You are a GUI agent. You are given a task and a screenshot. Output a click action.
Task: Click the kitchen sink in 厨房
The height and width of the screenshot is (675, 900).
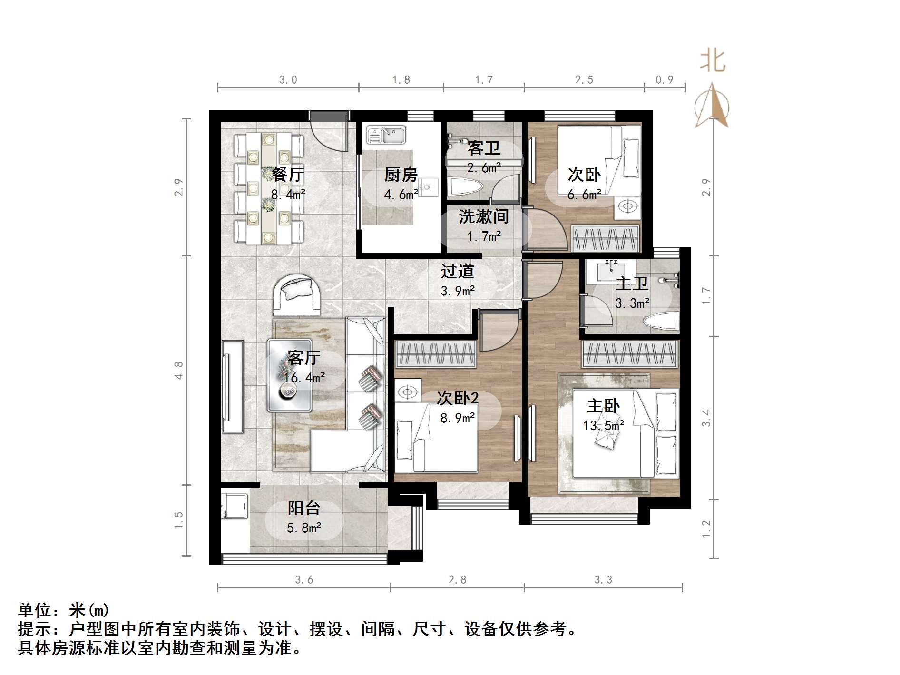point(386,135)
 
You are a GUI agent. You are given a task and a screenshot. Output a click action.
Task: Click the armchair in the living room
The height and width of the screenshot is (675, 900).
point(296,296)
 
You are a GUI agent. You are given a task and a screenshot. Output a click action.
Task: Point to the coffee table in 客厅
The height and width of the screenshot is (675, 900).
point(289,375)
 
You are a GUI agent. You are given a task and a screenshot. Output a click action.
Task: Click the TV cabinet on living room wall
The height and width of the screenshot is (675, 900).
point(233,386)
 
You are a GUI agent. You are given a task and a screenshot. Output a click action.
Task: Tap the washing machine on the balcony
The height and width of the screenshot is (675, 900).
point(235,507)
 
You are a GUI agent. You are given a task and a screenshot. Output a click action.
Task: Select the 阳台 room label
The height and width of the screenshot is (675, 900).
point(303,508)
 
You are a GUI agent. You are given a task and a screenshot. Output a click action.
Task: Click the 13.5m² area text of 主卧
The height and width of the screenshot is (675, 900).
point(603,425)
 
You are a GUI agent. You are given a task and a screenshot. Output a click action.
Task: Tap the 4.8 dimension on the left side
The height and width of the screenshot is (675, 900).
point(179,370)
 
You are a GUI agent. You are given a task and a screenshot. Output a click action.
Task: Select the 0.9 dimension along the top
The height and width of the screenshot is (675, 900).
point(664,80)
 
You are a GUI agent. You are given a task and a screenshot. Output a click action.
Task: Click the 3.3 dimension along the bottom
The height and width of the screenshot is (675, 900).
point(603,579)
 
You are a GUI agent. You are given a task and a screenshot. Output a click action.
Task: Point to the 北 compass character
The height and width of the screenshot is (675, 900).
point(712,62)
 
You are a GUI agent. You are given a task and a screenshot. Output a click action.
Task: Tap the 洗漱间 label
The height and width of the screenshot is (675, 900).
point(483,216)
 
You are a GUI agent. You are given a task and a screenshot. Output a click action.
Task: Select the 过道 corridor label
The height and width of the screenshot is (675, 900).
point(457,271)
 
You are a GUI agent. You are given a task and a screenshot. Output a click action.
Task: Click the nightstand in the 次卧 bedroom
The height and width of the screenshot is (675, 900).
point(627,207)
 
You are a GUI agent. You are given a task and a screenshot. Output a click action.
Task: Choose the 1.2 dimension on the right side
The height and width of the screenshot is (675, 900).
point(706,528)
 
